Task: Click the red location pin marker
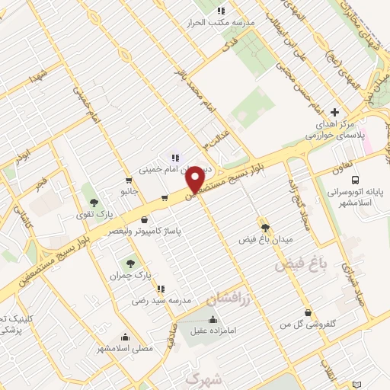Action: click(195, 179)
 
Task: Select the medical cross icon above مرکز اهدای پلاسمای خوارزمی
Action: click(334, 112)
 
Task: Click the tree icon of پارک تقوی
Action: click(94, 202)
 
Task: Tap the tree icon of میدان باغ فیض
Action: click(265, 227)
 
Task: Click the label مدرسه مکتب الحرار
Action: click(220, 23)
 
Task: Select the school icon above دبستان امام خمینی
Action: click(175, 158)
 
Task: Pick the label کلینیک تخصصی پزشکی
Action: click(11, 323)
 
